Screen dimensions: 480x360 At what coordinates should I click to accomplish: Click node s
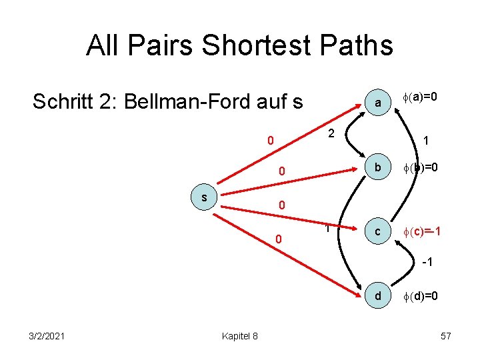[x=204, y=198]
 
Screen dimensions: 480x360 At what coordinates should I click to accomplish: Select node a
[x=377, y=103]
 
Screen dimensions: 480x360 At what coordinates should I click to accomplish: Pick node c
[x=377, y=231]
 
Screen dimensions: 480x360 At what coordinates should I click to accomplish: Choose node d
[x=377, y=295]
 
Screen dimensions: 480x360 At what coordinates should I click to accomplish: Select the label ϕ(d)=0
[x=419, y=295]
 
